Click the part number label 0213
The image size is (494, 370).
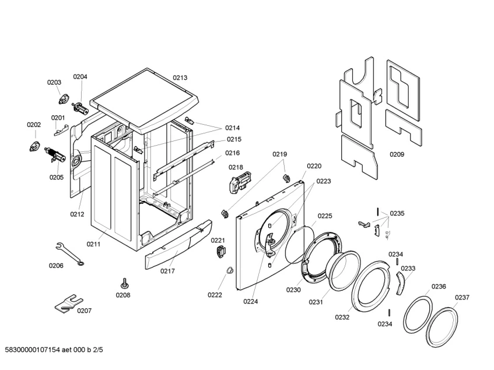pos(180,77)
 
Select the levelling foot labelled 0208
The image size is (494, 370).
pos(124,283)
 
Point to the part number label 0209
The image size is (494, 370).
pos(397,154)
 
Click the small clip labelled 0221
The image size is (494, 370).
pos(220,252)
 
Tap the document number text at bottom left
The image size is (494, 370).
pos(54,351)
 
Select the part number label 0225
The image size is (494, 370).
pos(325,216)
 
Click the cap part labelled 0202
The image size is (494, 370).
pos(34,145)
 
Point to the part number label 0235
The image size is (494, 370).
pos(397,213)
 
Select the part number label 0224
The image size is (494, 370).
pos(251,301)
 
